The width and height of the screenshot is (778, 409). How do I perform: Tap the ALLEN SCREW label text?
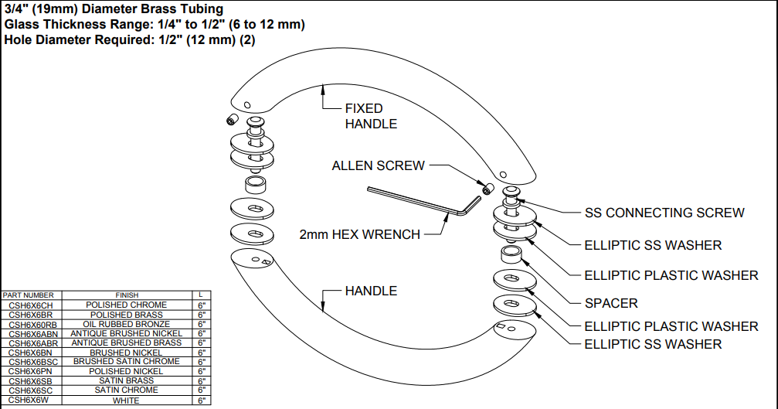point(378,165)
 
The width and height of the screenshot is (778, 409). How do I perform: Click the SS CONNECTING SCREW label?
point(664,213)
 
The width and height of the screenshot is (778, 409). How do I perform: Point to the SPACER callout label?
point(611,303)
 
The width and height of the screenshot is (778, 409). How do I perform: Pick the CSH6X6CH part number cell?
point(31,305)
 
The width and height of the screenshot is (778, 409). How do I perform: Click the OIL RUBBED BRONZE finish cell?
point(127,324)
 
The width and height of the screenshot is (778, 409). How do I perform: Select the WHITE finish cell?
point(127,400)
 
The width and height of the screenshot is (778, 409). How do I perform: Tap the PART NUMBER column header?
point(29,295)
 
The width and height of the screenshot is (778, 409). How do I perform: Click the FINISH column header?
point(127,295)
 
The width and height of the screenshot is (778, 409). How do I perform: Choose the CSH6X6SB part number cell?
point(31,381)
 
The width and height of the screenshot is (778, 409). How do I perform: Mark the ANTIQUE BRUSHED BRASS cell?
point(127,343)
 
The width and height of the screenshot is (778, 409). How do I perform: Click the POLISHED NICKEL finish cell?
point(127,371)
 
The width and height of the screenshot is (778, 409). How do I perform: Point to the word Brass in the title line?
point(144,9)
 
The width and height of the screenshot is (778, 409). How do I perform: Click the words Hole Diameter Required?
point(70,39)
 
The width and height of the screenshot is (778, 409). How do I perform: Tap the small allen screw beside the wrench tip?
point(487,189)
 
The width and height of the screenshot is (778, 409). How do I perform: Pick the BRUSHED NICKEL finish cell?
point(127,353)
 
